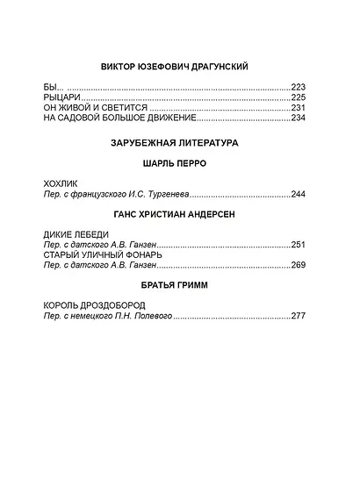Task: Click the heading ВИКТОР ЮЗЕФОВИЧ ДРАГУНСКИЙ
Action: pos(179,67)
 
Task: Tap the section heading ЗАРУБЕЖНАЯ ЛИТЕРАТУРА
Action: pos(179,142)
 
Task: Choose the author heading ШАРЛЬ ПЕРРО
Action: pos(179,163)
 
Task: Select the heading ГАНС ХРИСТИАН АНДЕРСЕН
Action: pos(179,215)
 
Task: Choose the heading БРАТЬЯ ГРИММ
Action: pos(179,286)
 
